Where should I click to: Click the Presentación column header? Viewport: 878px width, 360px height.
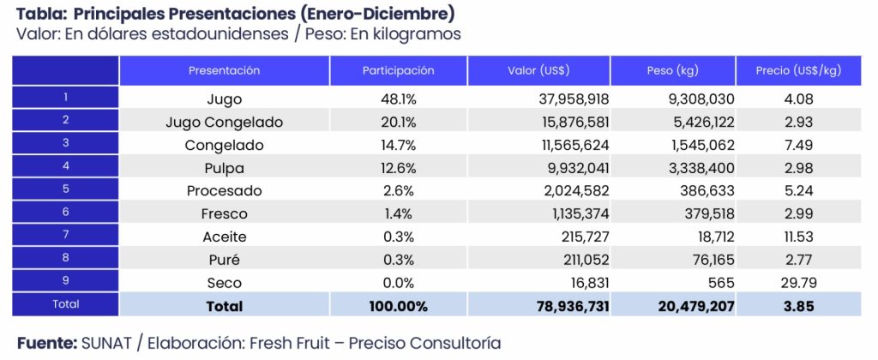(x=224, y=70)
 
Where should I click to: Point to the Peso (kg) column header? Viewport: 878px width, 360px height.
(x=673, y=70)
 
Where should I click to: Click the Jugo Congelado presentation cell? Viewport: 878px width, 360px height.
(x=224, y=122)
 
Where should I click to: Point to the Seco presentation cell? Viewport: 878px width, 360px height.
(x=224, y=283)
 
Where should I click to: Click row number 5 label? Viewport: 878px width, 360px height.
(x=65, y=190)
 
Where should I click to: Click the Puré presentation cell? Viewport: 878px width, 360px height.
(x=224, y=260)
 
